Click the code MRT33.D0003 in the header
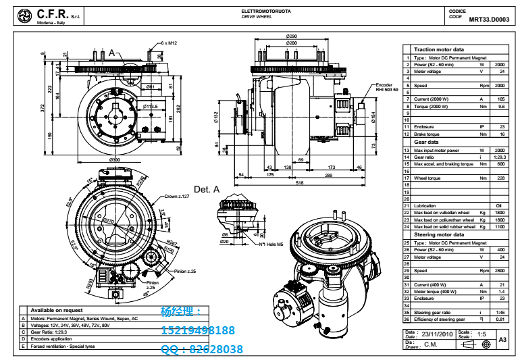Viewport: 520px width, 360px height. point(490,20)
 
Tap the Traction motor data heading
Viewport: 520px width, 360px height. point(439,49)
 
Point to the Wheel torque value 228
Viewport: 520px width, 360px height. point(500,178)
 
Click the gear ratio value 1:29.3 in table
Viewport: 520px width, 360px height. point(500,157)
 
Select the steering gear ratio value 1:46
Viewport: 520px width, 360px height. point(500,312)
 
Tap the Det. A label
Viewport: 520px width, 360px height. point(207,190)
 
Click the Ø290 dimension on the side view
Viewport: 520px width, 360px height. point(292,36)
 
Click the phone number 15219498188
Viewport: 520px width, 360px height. point(199,331)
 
